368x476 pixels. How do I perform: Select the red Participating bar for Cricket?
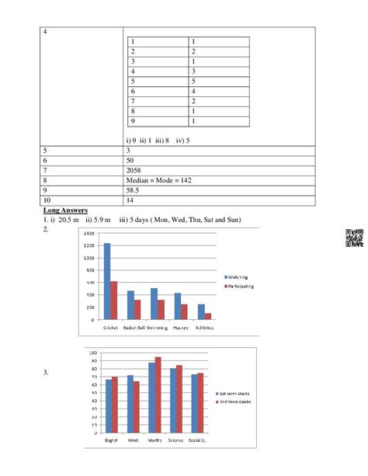tap(113, 301)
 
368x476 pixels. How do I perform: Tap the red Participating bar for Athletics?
tap(208, 316)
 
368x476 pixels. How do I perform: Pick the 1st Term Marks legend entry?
tap(234, 394)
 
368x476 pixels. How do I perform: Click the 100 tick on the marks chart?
tap(93, 353)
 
